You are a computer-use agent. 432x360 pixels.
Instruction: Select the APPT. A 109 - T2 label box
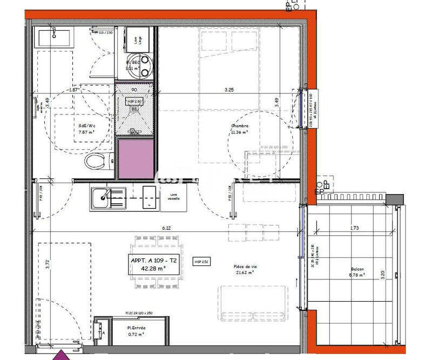click(x=154, y=264)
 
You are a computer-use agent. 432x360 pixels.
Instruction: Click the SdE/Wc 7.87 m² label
click(x=87, y=126)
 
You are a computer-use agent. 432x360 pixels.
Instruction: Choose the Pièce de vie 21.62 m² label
click(x=244, y=270)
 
